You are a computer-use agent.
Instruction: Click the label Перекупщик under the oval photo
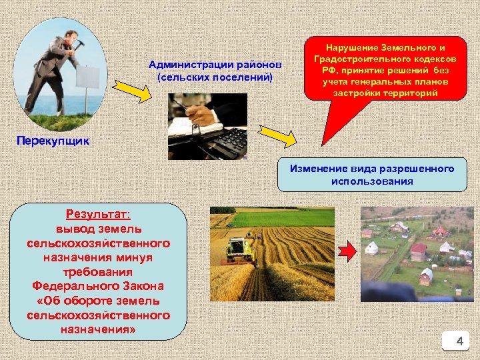tap(52, 142)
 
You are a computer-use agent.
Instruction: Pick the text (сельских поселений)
tap(215, 77)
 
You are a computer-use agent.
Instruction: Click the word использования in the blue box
tap(372, 181)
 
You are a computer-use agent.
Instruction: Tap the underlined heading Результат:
tap(98, 214)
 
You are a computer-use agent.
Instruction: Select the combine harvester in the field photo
tap(238, 248)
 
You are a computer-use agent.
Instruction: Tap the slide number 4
tap(459, 342)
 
